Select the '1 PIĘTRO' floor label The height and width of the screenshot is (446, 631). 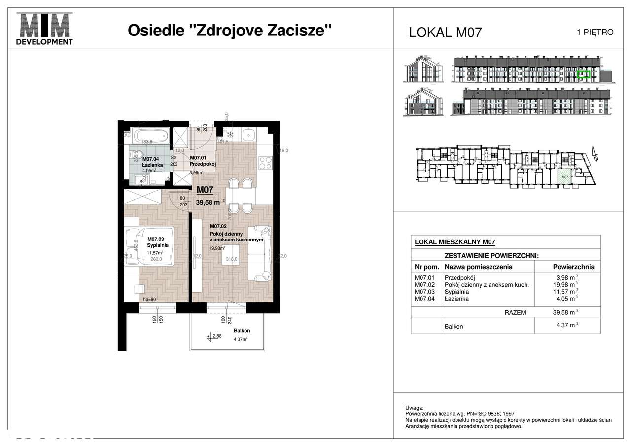[595, 33]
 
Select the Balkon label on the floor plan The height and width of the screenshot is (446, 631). [242, 331]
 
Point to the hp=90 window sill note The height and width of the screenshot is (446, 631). [150, 299]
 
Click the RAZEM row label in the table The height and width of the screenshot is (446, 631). [515, 312]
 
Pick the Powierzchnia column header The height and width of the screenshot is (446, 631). [574, 267]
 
